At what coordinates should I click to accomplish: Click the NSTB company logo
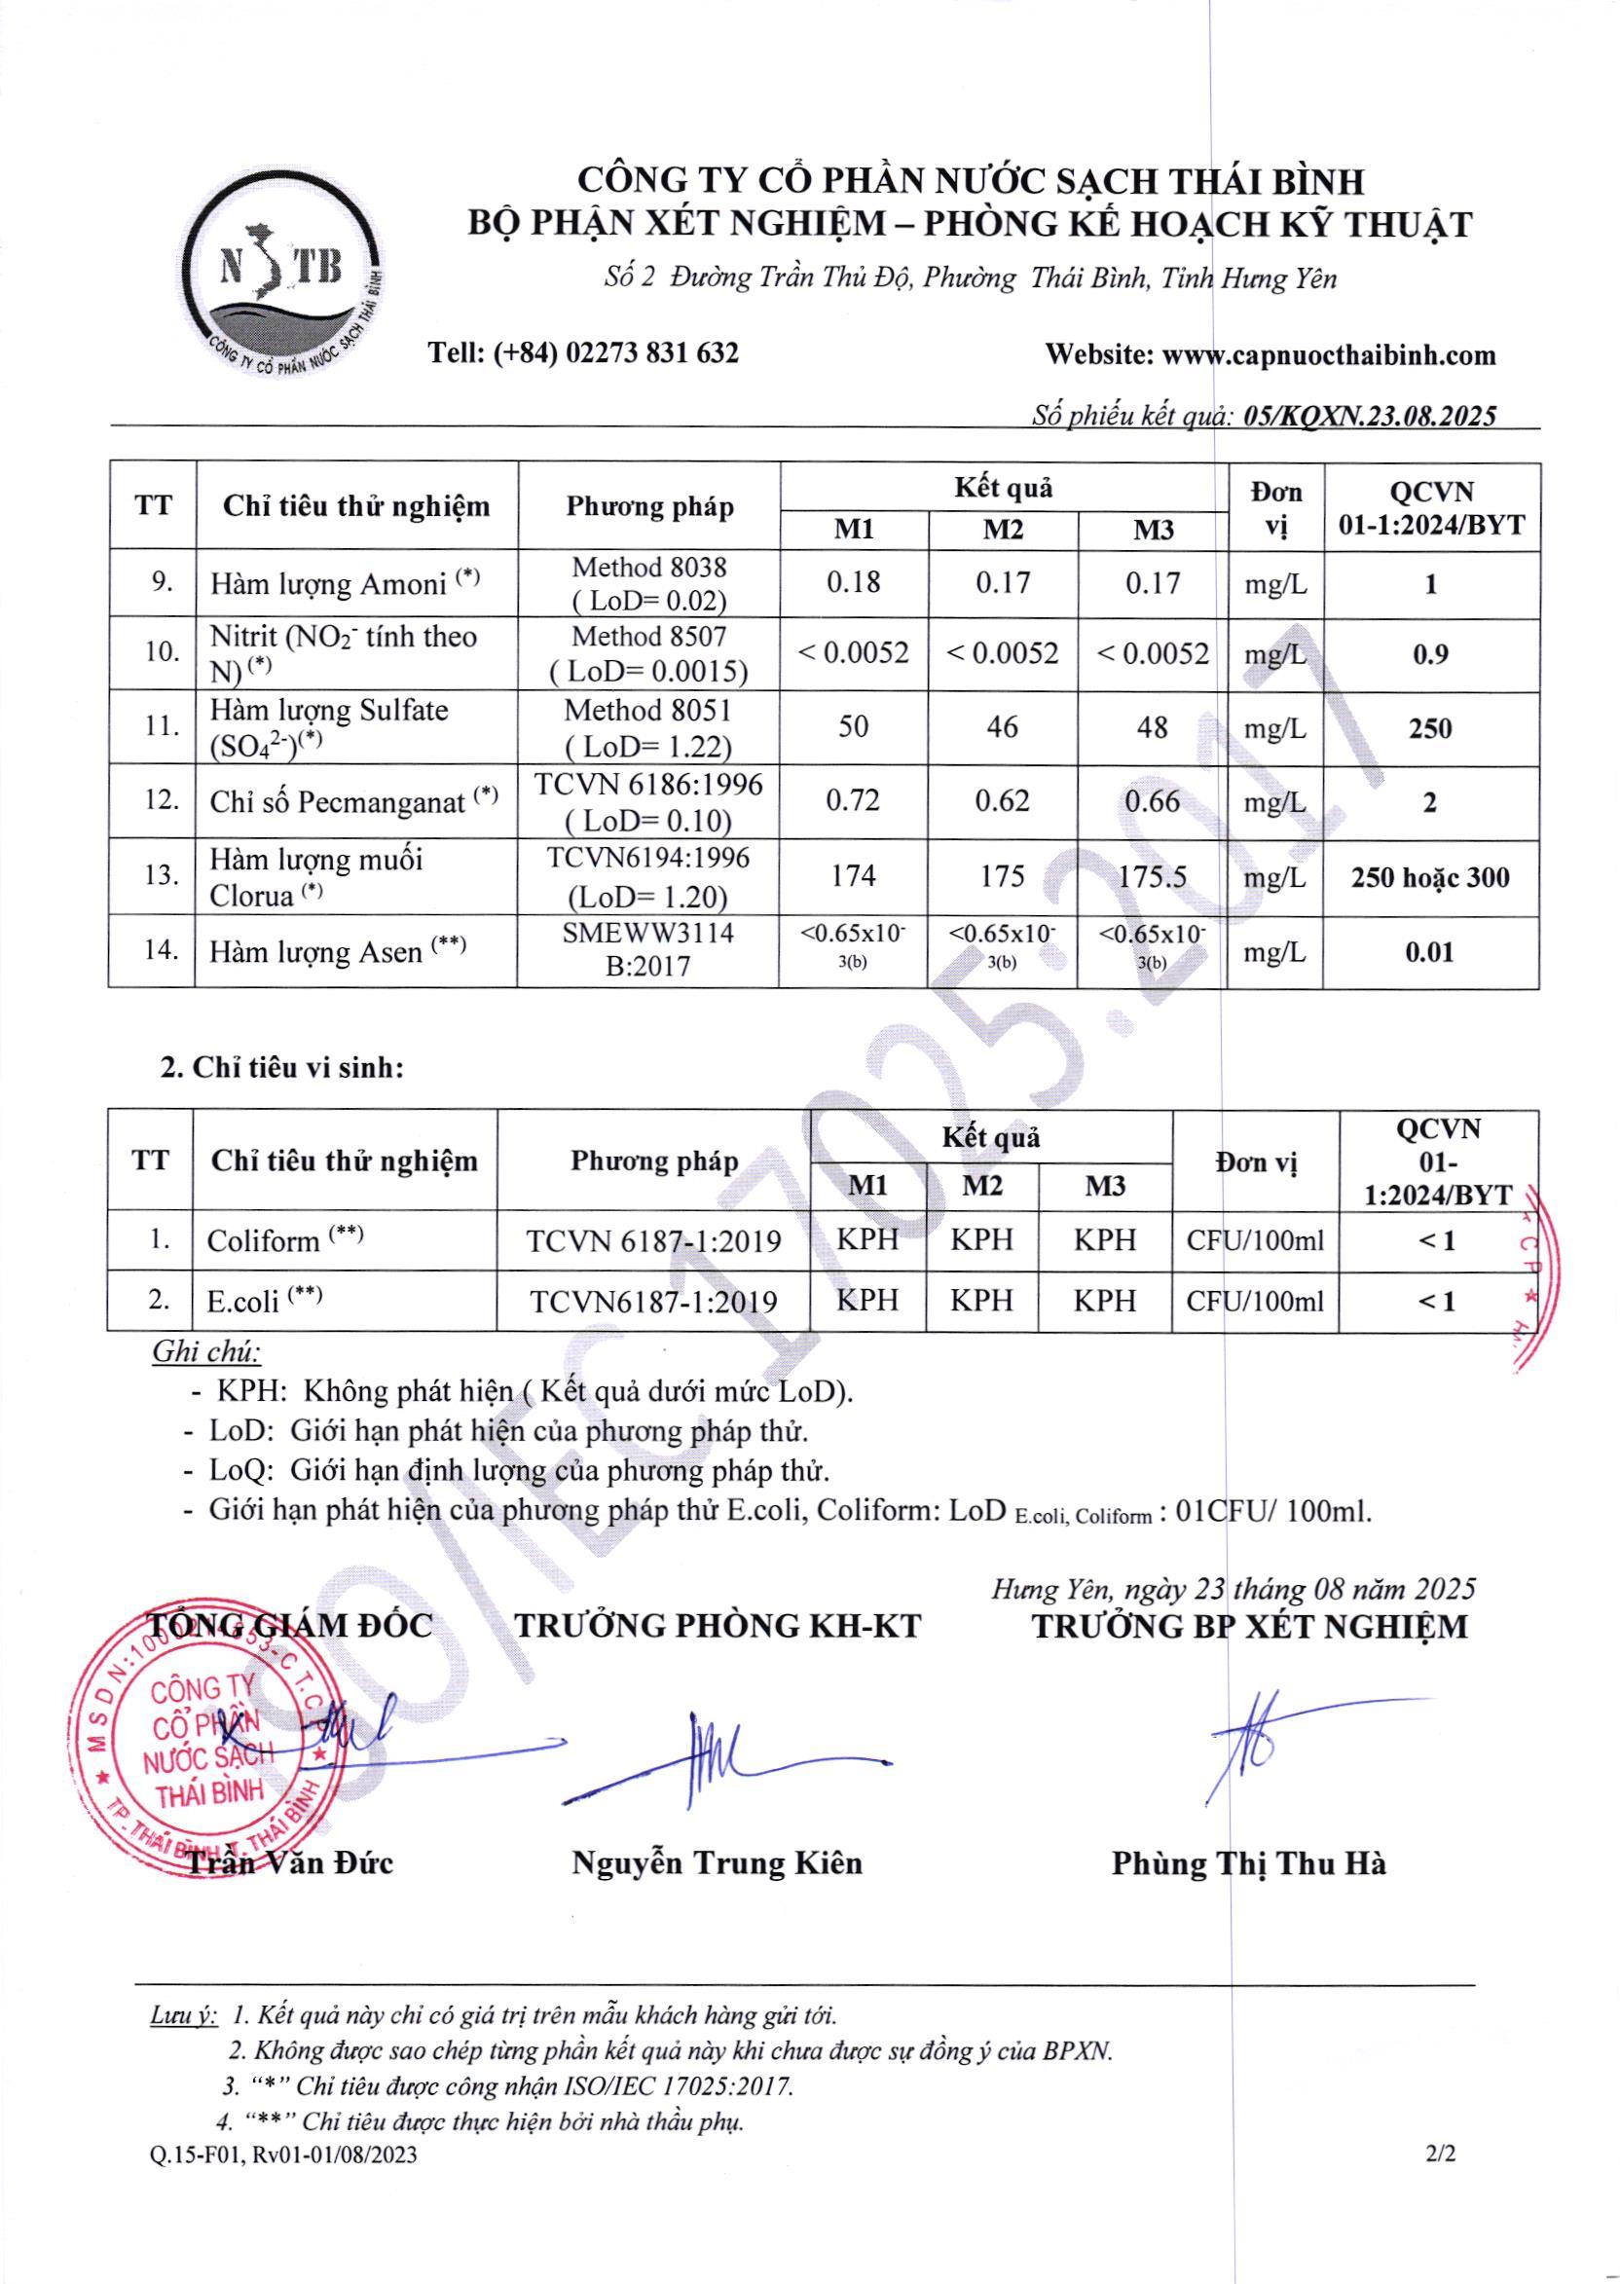tap(282, 276)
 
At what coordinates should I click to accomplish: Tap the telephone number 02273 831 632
tap(650, 353)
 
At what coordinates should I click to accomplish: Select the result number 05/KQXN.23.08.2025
tap(1371, 417)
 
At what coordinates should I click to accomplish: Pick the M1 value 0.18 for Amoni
tap(853, 582)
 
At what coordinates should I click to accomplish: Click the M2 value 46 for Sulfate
tap(1002, 727)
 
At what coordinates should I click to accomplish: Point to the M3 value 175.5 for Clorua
tap(1152, 876)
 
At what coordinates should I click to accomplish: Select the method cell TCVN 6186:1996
tap(648, 785)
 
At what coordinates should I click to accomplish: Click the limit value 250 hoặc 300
tap(1429, 878)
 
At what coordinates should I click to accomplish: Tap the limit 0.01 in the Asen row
tap(1429, 951)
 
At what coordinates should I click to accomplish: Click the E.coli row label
tap(243, 1301)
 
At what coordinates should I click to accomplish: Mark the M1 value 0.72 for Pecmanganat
tap(853, 801)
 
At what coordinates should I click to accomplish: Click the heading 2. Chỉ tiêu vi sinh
tap(282, 1068)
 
